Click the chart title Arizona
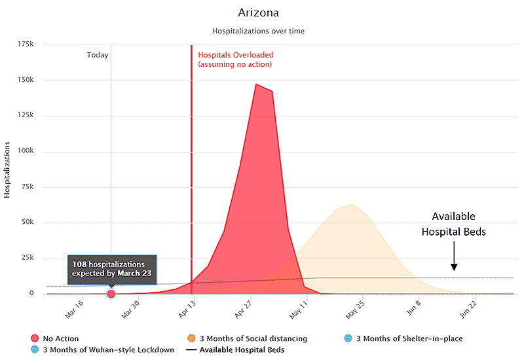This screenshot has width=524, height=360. (x=257, y=13)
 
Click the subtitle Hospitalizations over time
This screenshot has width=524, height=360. (x=258, y=31)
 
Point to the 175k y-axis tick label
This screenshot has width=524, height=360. (x=27, y=44)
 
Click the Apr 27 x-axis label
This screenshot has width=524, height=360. (x=241, y=308)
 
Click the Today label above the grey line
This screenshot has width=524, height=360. (x=98, y=55)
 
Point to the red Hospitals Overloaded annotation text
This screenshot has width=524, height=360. (x=236, y=60)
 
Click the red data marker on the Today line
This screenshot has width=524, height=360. (x=111, y=294)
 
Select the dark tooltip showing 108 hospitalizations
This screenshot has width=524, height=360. (x=111, y=268)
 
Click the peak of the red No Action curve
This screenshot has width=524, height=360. (x=257, y=84)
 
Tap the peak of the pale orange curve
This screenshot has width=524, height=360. (x=352, y=204)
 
